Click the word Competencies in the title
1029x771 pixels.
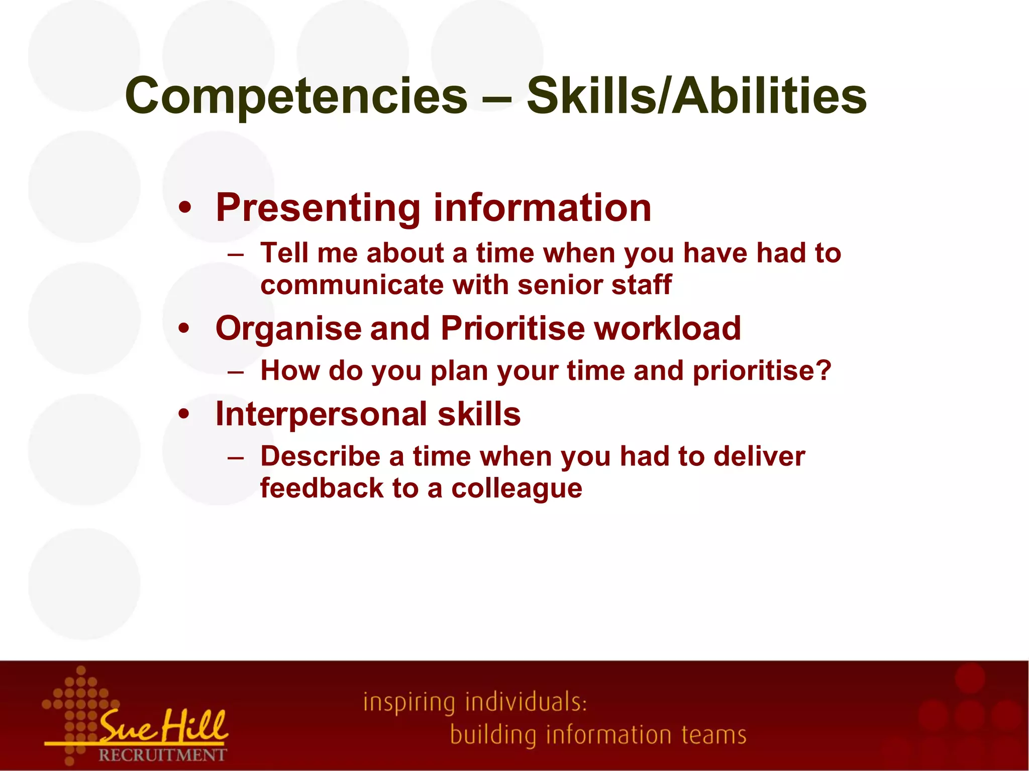296,96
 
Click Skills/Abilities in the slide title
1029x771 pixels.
696,96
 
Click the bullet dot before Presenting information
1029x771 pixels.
185,208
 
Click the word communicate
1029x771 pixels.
352,285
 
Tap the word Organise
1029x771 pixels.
288,329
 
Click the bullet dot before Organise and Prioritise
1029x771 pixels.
185,329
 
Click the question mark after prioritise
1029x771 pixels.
823,370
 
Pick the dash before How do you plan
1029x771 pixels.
235,371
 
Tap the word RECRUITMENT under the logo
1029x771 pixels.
162,755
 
